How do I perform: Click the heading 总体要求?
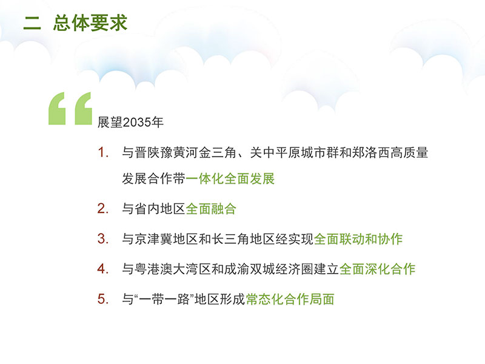click(90, 22)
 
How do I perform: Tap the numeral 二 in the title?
click(32, 23)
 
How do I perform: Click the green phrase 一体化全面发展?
click(230, 178)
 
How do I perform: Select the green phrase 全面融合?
click(211, 209)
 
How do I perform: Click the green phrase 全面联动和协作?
click(358, 238)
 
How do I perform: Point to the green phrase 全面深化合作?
click(377, 269)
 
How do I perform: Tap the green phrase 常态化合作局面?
click(290, 299)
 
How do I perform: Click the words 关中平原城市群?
click(294, 152)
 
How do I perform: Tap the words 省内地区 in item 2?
click(160, 209)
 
